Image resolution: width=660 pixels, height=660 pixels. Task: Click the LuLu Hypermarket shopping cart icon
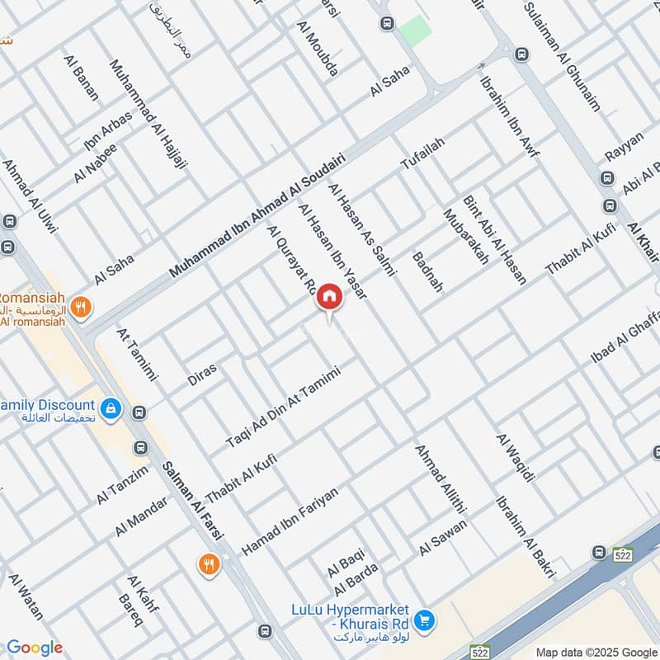coord(424,618)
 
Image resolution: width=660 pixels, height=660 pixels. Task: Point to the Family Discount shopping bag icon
coord(110,408)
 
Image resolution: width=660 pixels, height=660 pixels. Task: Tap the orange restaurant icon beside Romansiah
coord(80,308)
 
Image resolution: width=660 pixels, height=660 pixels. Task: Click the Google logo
coord(35,648)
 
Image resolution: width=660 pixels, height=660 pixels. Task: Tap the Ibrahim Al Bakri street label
coord(526,536)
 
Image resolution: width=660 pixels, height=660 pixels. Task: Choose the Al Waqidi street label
coord(516,458)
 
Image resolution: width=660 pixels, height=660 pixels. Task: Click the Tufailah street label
coord(422,154)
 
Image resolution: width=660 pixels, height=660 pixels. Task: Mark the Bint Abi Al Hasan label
coord(495,240)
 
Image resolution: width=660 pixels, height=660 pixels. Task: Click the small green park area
coord(416,31)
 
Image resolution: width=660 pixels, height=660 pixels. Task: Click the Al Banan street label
coord(80,78)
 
